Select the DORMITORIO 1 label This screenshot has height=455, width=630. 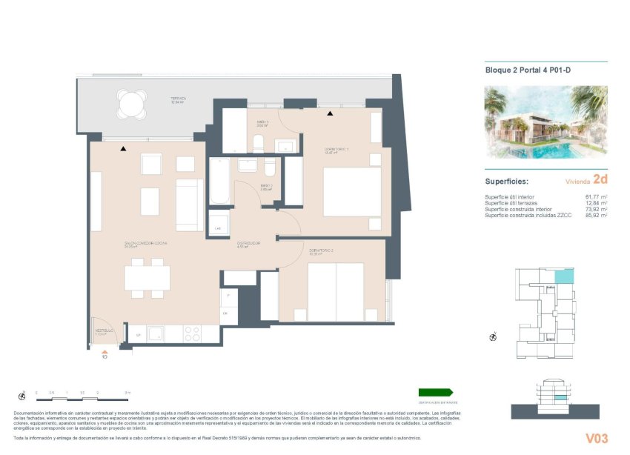pos(336,151)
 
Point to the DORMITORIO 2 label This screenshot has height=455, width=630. pos(321,252)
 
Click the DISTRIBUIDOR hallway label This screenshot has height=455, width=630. pos(247,244)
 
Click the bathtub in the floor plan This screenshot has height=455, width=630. pos(220,182)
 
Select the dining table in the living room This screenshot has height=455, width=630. pos(147,277)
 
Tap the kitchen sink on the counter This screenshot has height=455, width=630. pos(156,334)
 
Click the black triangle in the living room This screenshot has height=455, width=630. pos(124,149)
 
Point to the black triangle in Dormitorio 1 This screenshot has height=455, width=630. pos(330,113)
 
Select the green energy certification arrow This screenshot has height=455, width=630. pos(435,392)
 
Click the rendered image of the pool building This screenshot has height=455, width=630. pos(546,122)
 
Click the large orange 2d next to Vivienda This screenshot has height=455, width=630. pos(600,179)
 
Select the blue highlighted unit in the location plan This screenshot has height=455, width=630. pos(564,276)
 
